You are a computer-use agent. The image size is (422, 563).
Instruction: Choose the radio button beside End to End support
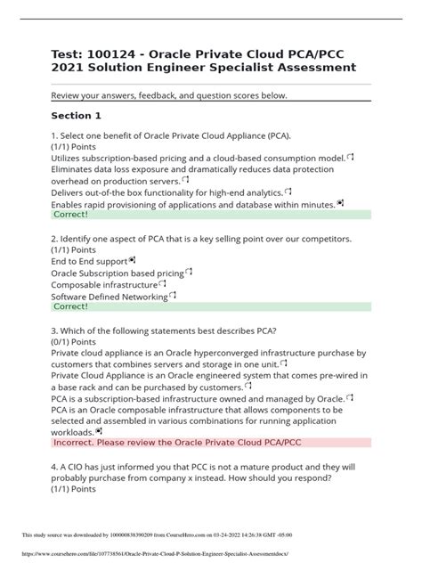(x=133, y=261)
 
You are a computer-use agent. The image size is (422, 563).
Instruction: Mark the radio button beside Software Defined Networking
(x=173, y=296)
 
